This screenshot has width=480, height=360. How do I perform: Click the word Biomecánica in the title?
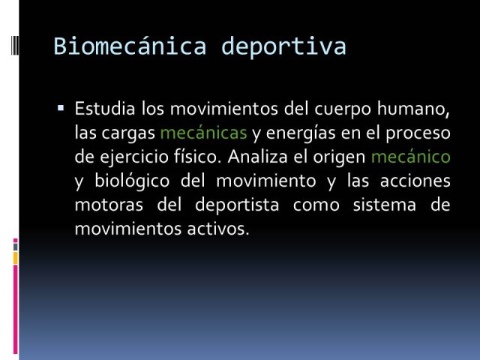click(130, 46)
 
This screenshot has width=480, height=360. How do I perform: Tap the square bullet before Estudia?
click(61, 108)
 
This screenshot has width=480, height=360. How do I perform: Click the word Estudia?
click(105, 108)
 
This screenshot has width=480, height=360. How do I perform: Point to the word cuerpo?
click(343, 110)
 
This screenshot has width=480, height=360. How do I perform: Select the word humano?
click(413, 109)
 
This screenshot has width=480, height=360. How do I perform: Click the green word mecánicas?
click(203, 133)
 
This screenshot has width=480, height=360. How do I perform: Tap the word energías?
click(301, 134)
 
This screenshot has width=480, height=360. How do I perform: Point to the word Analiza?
click(257, 157)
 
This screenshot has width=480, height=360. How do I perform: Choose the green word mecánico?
click(410, 157)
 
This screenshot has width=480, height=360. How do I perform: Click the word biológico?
click(132, 181)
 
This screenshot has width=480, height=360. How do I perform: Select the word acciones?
click(415, 181)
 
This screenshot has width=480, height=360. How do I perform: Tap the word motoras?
click(109, 205)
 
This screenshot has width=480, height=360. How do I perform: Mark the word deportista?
click(237, 205)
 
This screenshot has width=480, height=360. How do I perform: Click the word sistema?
click(385, 205)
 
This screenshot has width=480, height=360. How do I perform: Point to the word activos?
click(218, 229)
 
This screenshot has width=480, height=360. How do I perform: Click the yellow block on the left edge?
click(15, 258)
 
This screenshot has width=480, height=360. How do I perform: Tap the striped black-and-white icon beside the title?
click(15, 45)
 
